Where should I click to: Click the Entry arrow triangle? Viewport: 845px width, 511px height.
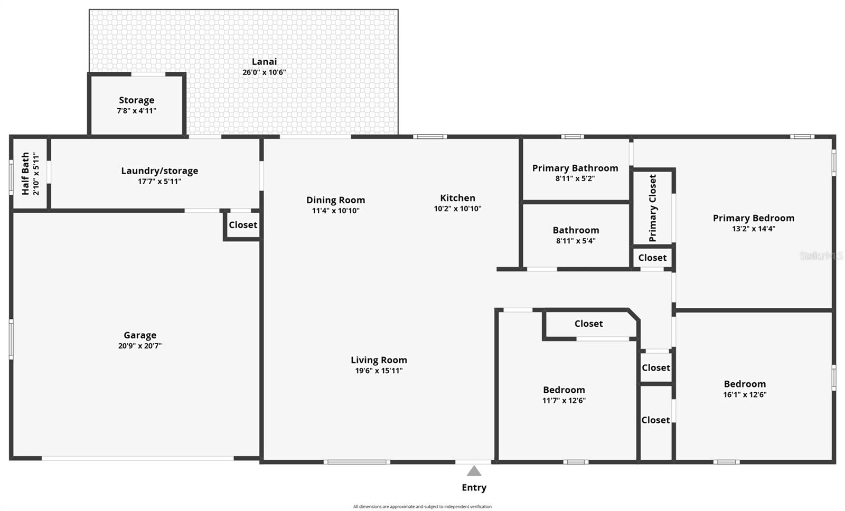474,471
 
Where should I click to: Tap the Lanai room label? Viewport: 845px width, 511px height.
264,62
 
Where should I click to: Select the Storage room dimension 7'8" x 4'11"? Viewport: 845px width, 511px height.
136,111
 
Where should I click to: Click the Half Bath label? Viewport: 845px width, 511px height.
25,174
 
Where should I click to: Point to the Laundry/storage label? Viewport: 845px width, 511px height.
159,171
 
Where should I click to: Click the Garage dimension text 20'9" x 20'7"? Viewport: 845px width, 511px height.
139,346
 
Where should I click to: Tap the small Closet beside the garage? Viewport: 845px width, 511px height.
243,225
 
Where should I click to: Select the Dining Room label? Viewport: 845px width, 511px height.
335,200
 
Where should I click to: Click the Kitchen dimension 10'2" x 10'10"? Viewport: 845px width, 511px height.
457,209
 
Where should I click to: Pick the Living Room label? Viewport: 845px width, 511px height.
379,360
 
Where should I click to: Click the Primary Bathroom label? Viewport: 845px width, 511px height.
575,168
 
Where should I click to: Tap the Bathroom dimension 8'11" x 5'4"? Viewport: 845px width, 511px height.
575,241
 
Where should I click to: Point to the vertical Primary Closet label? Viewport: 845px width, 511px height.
653,208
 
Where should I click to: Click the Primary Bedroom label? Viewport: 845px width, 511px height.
753,218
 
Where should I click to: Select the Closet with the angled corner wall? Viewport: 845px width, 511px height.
588,324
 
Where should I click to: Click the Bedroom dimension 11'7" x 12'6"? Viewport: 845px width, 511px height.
564,400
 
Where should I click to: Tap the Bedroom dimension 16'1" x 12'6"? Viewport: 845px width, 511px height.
745,394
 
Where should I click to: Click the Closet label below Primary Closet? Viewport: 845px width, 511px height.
652,258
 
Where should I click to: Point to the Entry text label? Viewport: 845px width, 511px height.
474,488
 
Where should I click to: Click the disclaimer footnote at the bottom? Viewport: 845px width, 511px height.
422,507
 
